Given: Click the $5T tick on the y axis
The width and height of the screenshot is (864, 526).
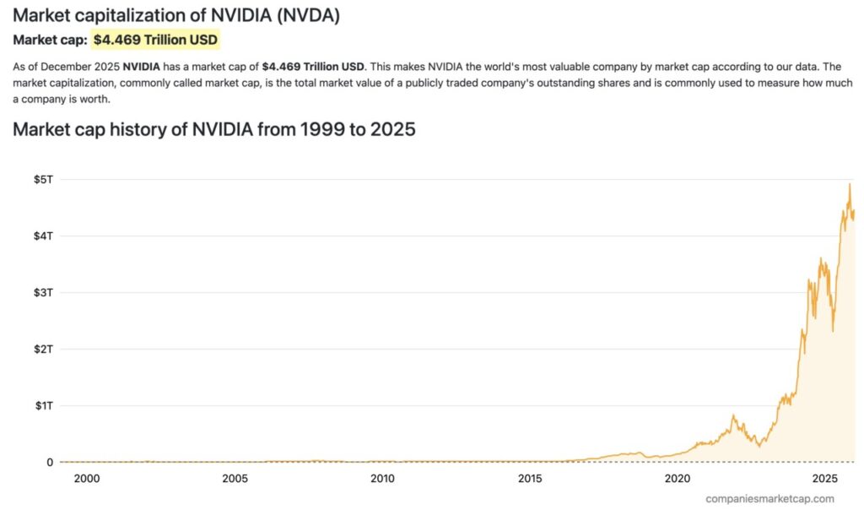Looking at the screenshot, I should tap(42, 179).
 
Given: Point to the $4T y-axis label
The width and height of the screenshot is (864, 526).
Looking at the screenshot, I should tap(42, 236).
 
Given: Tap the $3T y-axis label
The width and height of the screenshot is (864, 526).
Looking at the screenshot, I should tap(42, 292).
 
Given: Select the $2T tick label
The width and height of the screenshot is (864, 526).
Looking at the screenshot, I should tap(42, 349).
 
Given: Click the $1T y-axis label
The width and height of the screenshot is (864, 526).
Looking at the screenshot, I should tap(42, 405).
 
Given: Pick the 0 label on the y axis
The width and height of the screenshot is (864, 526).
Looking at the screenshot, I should tap(48, 462).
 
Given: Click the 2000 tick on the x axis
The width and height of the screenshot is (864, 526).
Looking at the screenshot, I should tap(87, 479).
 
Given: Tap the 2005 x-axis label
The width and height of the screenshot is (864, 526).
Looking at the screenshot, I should tap(235, 479).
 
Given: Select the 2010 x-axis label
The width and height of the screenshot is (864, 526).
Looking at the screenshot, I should tap(382, 479).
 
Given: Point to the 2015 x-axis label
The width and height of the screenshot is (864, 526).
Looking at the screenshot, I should tap(530, 479).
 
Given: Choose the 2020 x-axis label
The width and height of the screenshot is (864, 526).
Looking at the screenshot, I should tap(678, 479).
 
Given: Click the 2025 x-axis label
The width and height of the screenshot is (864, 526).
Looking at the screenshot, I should tap(825, 479).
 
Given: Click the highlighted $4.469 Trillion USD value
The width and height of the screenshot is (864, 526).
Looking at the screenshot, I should tap(155, 40).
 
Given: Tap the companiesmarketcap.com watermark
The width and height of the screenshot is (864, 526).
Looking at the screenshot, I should tap(769, 499).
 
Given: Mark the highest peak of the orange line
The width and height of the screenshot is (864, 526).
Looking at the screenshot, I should tap(850, 184).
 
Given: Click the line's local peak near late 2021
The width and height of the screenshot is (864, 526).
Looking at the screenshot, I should tap(733, 415).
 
